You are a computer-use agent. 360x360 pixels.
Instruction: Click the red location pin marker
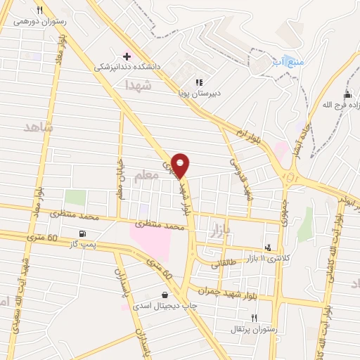[181, 165]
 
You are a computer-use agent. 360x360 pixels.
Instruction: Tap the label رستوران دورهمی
[40, 22]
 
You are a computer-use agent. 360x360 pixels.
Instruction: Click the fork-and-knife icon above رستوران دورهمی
[40, 10]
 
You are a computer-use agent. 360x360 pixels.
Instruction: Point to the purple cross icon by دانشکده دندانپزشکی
[127, 56]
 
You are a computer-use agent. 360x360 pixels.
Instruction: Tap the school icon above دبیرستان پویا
[200, 81]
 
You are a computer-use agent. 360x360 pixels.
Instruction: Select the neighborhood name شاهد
[38, 127]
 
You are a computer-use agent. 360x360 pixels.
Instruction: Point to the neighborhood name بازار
[224, 229]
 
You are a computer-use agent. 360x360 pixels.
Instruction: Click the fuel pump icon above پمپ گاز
[84, 233]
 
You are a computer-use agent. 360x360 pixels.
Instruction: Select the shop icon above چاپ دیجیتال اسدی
[165, 295]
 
